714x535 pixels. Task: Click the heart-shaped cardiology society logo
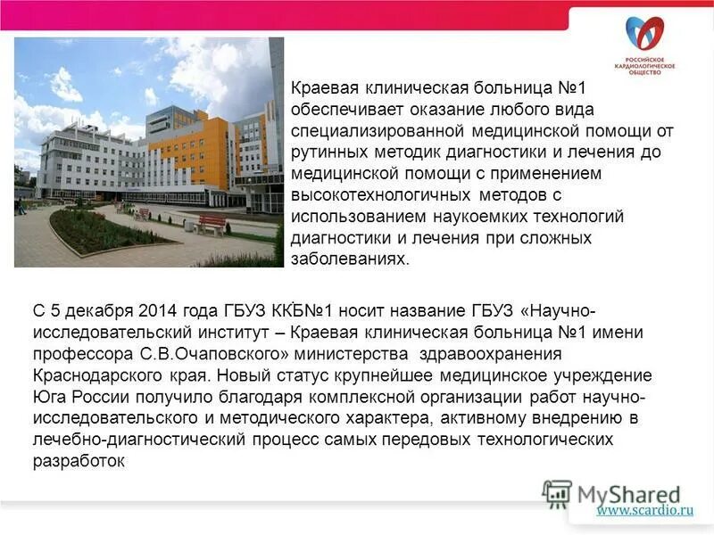[650, 35]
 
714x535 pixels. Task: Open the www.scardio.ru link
[645, 511]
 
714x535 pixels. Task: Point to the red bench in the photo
[211, 224]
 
